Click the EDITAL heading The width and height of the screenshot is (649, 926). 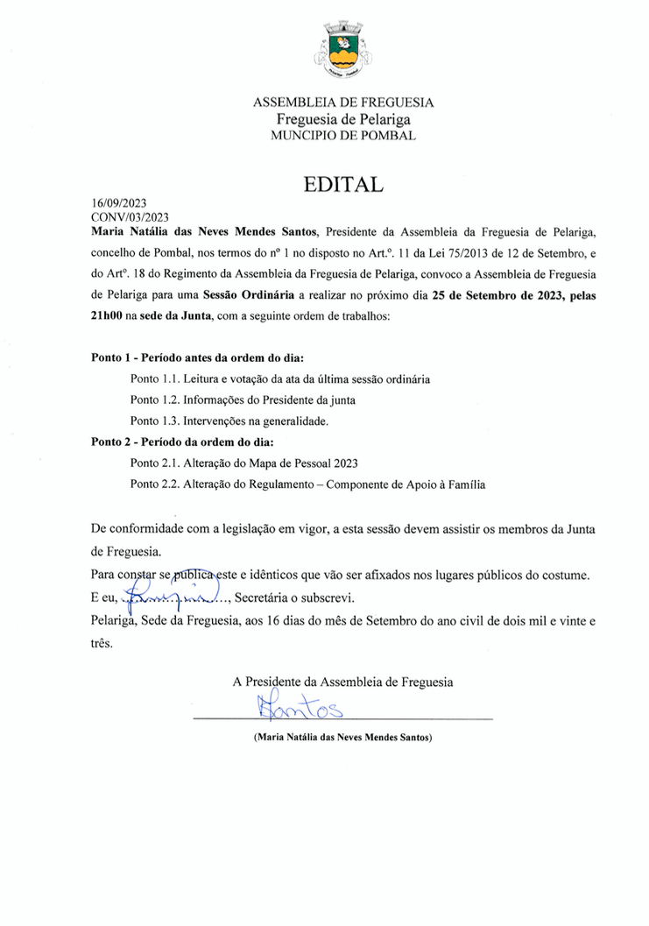coord(343,185)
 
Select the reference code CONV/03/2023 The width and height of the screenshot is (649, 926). coord(130,216)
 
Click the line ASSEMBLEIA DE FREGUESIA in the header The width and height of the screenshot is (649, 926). coord(343,102)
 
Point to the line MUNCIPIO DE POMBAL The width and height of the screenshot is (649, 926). coord(343,136)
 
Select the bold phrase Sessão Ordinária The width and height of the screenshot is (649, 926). coord(248,295)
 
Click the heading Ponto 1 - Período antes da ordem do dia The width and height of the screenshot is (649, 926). coord(203,358)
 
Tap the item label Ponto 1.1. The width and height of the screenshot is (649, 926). coord(154,379)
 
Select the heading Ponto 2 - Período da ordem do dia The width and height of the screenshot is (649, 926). coord(183,442)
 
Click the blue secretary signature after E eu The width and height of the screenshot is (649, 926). coord(173,597)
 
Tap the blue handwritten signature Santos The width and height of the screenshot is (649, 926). coord(298,705)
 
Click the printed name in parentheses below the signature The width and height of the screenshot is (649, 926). coord(343,738)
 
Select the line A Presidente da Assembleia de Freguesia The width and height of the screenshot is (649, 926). coord(343,681)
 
